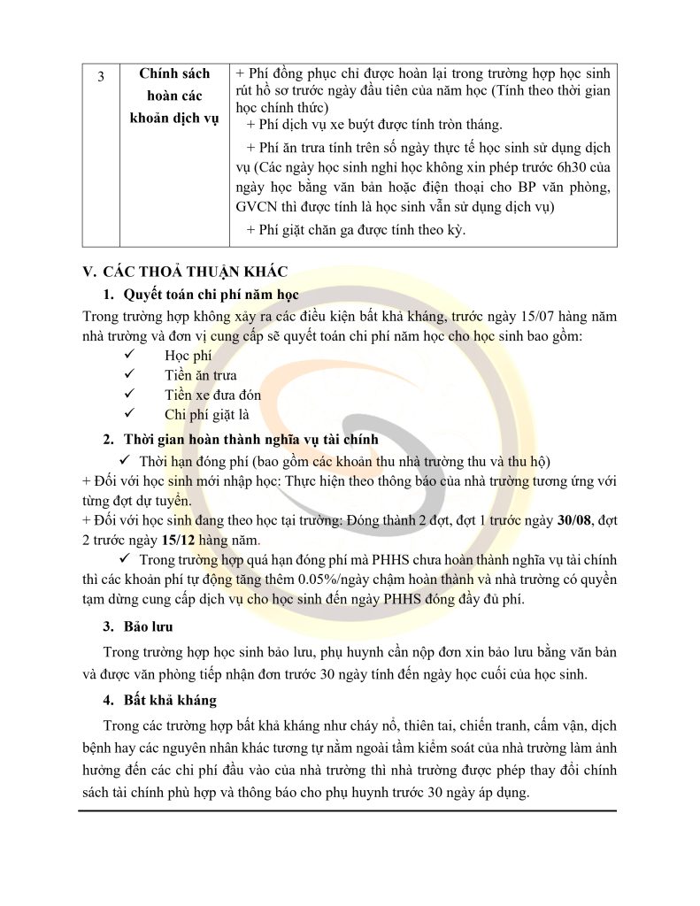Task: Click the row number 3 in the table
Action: coord(101,77)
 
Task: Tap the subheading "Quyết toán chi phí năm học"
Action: coord(212,294)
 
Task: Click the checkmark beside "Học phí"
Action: coord(129,355)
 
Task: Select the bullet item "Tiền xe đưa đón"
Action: coord(212,395)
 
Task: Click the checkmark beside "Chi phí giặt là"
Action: coord(129,415)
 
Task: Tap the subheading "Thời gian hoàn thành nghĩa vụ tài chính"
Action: coord(251,439)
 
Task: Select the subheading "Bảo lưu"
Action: coord(148,627)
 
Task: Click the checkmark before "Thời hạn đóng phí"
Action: coord(126,461)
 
